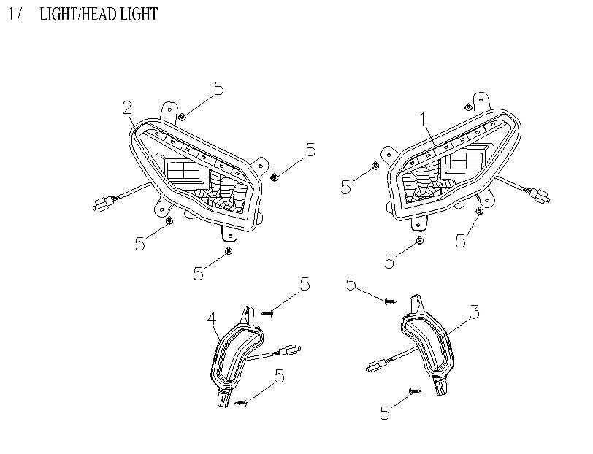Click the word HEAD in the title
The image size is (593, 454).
pyautogui.click(x=96, y=15)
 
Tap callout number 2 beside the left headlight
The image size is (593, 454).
pyautogui.click(x=127, y=108)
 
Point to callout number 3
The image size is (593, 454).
pyautogui.click(x=474, y=314)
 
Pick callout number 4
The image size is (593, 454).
pyautogui.click(x=211, y=318)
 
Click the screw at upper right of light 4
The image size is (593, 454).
pyautogui.click(x=267, y=312)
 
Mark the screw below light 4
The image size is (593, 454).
pyautogui.click(x=242, y=401)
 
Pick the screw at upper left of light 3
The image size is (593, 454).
pyautogui.click(x=390, y=300)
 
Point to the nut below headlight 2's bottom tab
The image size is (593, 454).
pyautogui.click(x=229, y=251)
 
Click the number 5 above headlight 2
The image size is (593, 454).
pyautogui.click(x=218, y=89)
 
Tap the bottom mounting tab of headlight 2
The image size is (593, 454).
pyautogui.click(x=229, y=234)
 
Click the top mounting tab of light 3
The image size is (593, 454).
pyautogui.click(x=417, y=301)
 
